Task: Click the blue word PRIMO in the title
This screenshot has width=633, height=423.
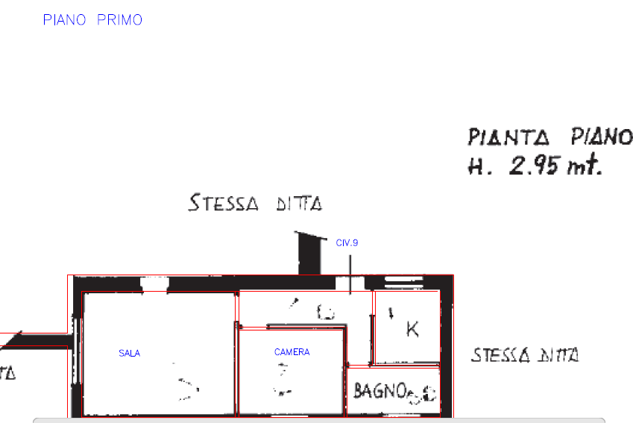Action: tap(119, 20)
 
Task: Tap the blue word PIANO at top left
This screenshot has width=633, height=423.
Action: tap(65, 20)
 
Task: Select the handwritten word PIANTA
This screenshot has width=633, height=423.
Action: tap(508, 138)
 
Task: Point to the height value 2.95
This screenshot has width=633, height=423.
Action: tap(534, 166)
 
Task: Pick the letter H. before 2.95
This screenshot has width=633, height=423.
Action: tap(477, 166)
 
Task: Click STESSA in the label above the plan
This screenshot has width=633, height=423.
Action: tap(224, 203)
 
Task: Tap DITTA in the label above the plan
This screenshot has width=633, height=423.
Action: tap(300, 204)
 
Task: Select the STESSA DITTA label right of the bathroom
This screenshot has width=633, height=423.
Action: tap(525, 355)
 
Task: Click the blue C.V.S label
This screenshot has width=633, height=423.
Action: tap(347, 242)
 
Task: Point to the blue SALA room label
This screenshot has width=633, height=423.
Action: tap(130, 353)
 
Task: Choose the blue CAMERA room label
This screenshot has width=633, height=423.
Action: tap(292, 352)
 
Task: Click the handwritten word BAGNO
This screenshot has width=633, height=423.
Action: tap(380, 389)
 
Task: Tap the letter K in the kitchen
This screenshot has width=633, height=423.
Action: tap(412, 328)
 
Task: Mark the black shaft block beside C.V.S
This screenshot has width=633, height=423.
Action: tap(309, 254)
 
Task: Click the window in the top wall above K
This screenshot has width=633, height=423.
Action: tap(403, 282)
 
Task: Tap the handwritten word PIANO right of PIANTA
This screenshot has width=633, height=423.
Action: tap(602, 137)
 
